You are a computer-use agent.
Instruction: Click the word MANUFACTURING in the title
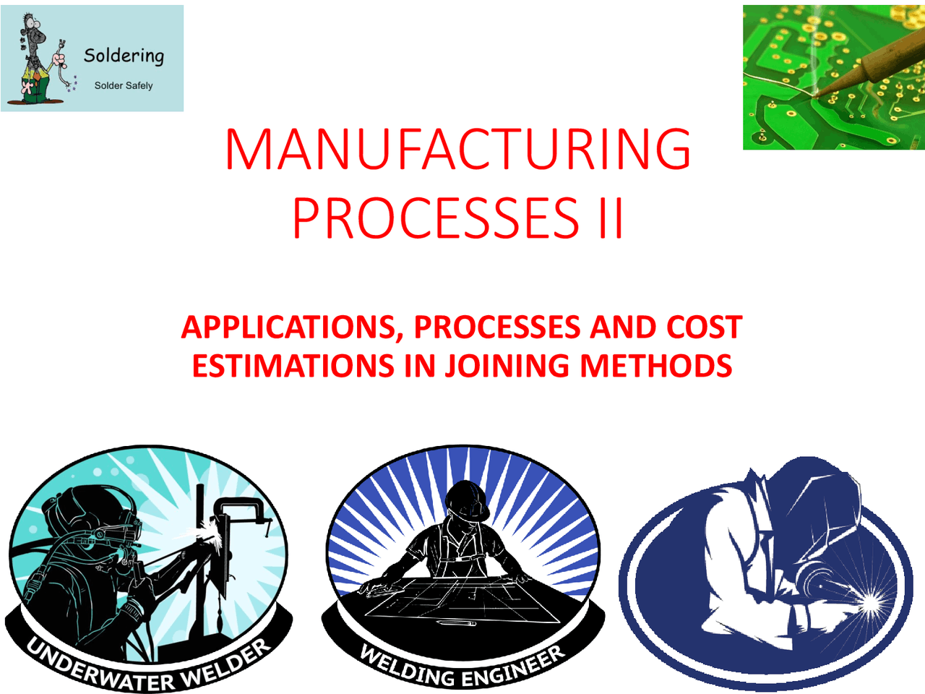point(458,148)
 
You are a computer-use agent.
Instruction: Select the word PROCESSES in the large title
point(436,218)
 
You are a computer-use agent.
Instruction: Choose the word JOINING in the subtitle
point(507,365)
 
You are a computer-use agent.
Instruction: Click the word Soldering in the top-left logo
point(124,56)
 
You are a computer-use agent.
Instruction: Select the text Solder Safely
point(124,85)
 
